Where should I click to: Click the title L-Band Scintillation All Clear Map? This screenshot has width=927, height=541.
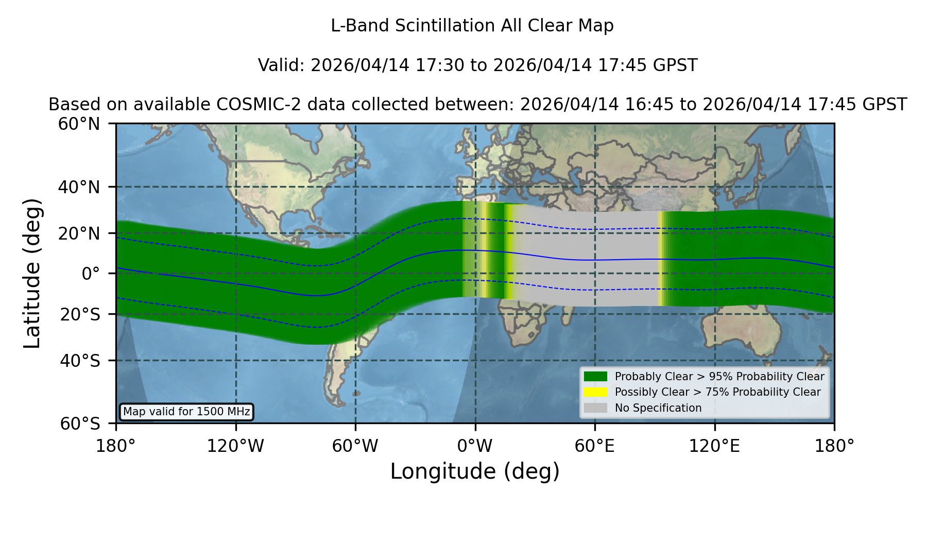(472, 26)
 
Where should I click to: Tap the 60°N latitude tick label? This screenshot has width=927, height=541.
(79, 124)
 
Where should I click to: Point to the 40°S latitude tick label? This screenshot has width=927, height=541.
(80, 361)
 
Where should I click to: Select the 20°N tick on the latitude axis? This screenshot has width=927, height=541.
(79, 233)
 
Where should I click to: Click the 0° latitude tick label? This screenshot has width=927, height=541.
(91, 274)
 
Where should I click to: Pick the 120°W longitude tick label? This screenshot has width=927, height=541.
(235, 446)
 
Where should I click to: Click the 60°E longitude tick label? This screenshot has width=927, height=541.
(595, 446)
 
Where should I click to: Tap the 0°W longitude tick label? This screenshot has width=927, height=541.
(475, 446)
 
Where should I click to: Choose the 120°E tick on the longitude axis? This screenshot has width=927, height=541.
(714, 446)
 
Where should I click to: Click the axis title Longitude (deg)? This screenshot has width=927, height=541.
(475, 471)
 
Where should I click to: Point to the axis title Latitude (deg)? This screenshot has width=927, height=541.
(32, 273)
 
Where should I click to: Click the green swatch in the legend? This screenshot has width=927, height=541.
(596, 377)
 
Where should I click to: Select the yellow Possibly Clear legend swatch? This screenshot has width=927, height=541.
(596, 392)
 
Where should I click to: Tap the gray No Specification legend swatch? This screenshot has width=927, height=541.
(596, 408)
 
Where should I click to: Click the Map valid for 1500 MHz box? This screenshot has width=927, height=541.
(186, 412)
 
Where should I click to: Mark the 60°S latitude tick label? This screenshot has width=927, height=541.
(80, 424)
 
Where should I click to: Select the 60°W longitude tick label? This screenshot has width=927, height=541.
(355, 446)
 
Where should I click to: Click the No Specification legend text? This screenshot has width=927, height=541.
(658, 408)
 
